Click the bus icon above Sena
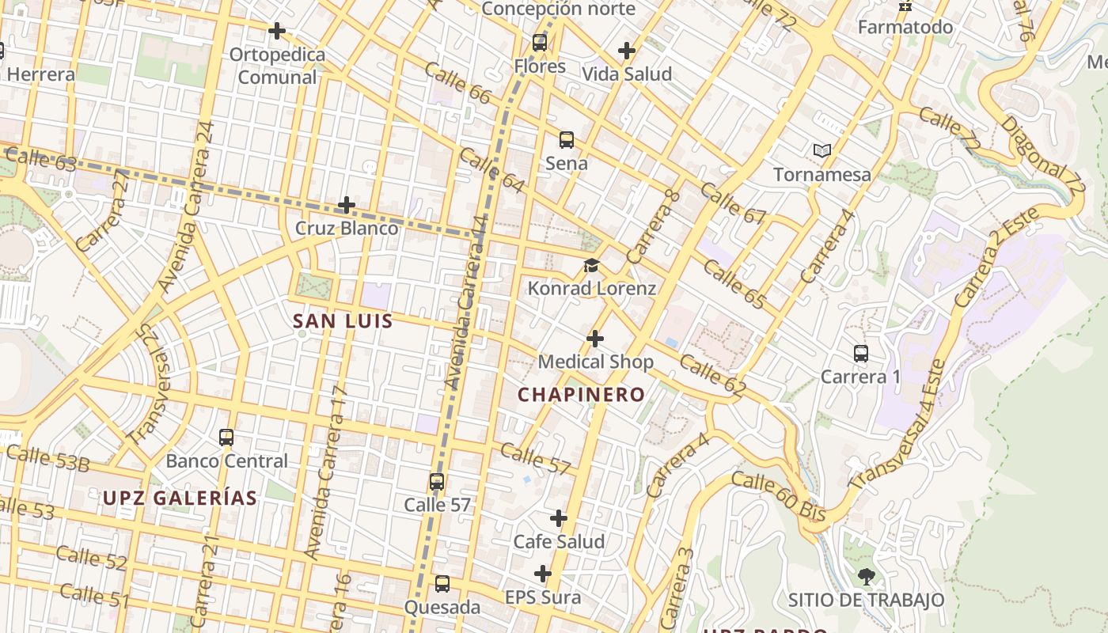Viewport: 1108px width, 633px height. click(x=566, y=140)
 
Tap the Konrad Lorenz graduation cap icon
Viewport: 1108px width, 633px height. click(x=591, y=265)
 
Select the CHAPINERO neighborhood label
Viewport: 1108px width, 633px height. click(x=581, y=394)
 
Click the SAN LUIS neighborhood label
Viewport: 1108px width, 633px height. click(x=343, y=321)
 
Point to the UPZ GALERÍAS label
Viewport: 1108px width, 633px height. click(x=180, y=498)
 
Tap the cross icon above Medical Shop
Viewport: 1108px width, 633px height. click(x=595, y=339)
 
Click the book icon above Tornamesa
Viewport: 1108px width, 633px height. click(x=822, y=150)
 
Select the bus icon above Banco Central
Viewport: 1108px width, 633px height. click(x=226, y=438)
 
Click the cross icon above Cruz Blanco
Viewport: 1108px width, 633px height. click(x=346, y=206)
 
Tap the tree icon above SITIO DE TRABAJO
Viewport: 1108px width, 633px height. click(x=866, y=577)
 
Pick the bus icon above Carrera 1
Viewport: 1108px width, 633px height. click(x=861, y=354)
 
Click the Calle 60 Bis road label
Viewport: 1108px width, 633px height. click(x=778, y=496)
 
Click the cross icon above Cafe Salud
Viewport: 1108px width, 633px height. click(x=559, y=518)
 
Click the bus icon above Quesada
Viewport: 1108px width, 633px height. click(x=442, y=584)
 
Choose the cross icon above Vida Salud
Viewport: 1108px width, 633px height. click(x=627, y=51)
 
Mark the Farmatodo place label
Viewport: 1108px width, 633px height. click(x=905, y=27)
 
